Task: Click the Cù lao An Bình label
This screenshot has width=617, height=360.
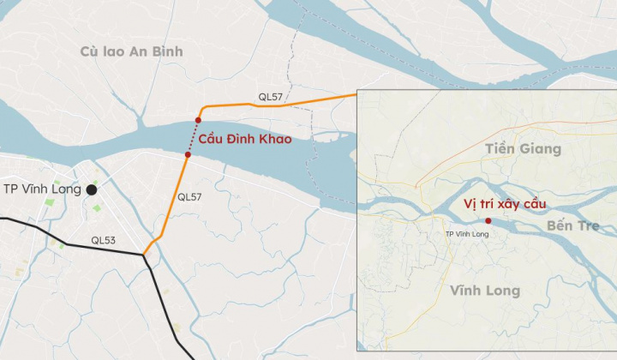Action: click(x=131, y=51)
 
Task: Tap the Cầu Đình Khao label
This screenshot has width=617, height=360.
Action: click(x=245, y=139)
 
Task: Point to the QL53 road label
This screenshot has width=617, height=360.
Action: click(x=103, y=241)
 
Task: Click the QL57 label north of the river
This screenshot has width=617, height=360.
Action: click(x=270, y=97)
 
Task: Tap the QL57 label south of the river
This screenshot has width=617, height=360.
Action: click(x=189, y=197)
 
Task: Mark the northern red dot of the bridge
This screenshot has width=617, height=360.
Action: click(x=198, y=120)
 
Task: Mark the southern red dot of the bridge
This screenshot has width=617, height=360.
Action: click(x=187, y=155)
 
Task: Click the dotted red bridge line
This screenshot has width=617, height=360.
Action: click(x=193, y=137)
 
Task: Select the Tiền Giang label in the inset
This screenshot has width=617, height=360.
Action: click(x=522, y=149)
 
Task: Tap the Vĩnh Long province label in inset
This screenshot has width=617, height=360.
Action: click(x=485, y=291)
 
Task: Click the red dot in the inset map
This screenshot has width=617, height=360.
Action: click(x=488, y=221)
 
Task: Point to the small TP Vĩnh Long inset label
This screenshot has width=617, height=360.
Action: click(x=467, y=234)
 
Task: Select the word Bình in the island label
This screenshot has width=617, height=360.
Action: click(x=167, y=51)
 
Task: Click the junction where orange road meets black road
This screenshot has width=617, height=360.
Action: click(x=144, y=255)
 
